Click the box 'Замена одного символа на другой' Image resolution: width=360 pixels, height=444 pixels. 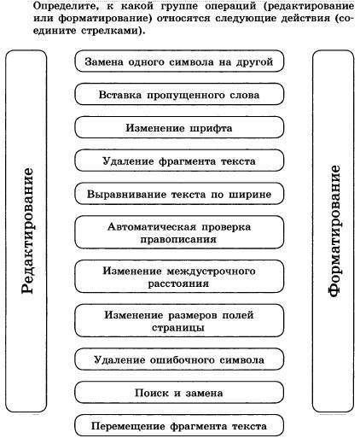click(179, 61)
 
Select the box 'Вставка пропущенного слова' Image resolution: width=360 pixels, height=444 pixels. click(179, 94)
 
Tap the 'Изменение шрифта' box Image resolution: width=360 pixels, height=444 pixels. click(179, 127)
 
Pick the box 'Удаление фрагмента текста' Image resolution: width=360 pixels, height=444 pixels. click(179, 161)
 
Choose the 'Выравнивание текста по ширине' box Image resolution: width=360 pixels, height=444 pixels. click(179, 194)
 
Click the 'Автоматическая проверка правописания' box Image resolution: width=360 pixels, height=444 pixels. click(179, 232)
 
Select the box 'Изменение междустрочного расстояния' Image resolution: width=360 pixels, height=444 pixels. click(179, 277)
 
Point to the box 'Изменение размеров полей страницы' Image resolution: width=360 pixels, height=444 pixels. click(179, 320)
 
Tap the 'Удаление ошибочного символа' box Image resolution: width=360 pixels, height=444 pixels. click(179, 359)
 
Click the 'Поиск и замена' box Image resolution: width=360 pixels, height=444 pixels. click(179, 392)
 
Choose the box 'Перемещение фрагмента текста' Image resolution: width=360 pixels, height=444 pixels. click(179, 425)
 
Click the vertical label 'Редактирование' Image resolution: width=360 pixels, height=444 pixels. click(27, 231)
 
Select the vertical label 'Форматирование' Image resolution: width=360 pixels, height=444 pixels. click(334, 231)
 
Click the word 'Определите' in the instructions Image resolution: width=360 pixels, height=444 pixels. click(66, 7)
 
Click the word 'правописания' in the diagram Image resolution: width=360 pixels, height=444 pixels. click(178, 239)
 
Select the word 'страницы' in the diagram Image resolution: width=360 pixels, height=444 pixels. click(178, 327)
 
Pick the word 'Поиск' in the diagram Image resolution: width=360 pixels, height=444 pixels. click(152, 393)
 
